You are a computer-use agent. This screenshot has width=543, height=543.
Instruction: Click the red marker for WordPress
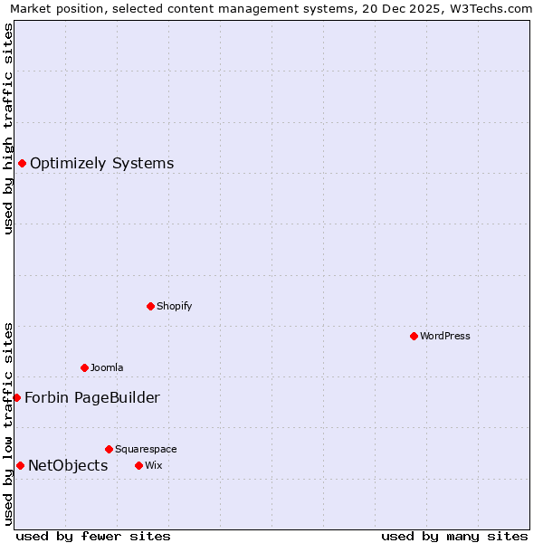414,336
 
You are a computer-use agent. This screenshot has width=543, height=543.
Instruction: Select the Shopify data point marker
150,306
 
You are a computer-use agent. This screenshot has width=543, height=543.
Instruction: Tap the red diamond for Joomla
84,367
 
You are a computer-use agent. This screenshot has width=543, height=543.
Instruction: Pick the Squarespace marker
109,449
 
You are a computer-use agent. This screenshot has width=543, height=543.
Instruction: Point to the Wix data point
138,465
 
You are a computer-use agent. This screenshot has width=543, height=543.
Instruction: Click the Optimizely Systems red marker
22,163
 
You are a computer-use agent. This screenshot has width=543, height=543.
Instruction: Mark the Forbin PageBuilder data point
16,397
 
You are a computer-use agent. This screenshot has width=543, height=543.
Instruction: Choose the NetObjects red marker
20,465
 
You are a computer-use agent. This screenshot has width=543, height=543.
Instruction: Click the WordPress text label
445,336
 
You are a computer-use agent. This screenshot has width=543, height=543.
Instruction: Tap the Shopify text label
175,306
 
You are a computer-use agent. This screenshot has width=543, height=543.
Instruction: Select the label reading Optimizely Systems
102,164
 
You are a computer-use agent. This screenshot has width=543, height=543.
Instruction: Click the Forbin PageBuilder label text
92,398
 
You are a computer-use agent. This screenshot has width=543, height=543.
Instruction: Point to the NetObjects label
68,466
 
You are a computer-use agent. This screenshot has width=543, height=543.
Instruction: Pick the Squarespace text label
146,449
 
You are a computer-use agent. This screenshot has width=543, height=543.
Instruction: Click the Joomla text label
107,367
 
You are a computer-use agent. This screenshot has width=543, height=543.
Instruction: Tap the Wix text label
153,465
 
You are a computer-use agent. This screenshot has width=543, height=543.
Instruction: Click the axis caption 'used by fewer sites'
93,536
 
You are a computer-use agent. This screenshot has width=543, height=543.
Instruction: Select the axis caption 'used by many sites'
454,536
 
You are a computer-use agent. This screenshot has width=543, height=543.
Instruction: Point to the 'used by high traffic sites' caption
9,129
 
